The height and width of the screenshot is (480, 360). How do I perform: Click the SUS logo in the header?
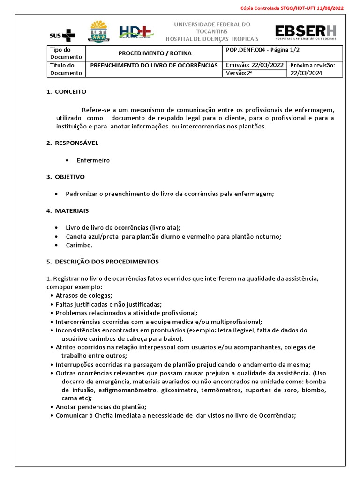pos(62,35)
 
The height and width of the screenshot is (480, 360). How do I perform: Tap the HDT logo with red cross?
pos(136,32)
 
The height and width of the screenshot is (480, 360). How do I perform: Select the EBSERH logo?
pos(305,32)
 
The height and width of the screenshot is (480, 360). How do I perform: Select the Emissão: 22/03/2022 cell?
pos(255,65)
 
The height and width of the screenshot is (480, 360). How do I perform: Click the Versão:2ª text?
pos(239,73)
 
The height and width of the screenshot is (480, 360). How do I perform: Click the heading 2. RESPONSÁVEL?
pos(72,142)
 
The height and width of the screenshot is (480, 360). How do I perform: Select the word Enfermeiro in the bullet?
pos(93,160)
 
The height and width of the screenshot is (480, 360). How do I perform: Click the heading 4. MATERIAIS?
pos(67,210)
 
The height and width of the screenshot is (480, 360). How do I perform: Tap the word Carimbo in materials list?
pos(79,245)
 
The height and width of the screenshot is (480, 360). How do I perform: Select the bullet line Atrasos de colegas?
pos(84,295)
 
